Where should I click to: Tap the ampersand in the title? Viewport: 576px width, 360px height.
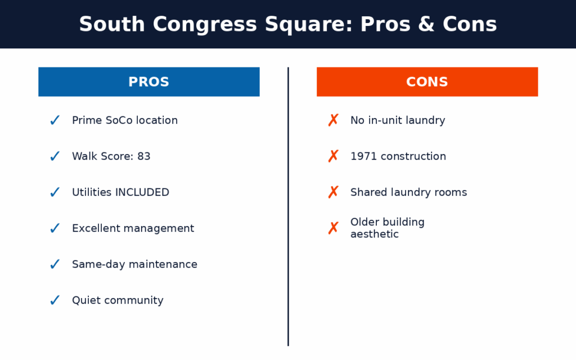pos(426,24)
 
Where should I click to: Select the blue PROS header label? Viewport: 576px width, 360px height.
pos(148,82)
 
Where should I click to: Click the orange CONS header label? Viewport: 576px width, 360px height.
pos(427,82)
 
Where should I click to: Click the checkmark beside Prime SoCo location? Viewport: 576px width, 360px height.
pos(55,120)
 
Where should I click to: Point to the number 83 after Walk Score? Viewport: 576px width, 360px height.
pos(143,156)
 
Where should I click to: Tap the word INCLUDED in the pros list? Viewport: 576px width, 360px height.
pos(142,192)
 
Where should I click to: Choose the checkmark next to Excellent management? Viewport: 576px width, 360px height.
pos(55,228)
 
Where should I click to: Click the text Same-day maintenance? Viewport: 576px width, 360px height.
pos(134,264)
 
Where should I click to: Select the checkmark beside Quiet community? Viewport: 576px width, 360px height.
pos(55,300)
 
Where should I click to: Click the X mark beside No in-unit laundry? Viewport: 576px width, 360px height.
pos(333,120)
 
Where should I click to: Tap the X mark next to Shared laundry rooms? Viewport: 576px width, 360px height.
pos(333,192)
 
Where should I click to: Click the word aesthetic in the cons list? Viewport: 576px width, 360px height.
pos(374,234)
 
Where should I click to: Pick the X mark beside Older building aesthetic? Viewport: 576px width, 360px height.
pos(333,228)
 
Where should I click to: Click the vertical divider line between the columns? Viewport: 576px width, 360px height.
pos(289,206)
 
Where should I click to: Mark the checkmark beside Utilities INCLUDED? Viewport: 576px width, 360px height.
pos(55,192)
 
